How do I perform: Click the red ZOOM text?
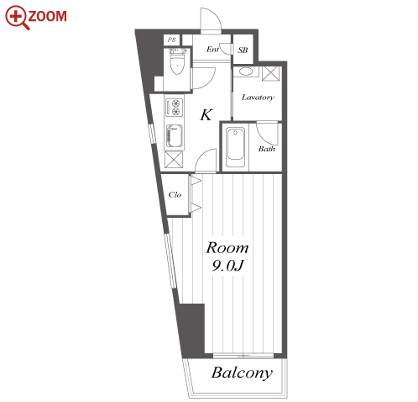tap(47, 16)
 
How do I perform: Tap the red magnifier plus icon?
tap(18, 17)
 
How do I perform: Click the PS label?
tap(171, 40)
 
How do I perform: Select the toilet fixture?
tap(177, 61)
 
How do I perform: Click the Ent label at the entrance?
tap(212, 50)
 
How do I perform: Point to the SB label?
tap(243, 50)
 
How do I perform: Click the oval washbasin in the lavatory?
tap(246, 71)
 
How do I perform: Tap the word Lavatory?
tap(258, 98)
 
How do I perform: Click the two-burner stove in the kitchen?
tap(174, 108)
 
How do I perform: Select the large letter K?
tap(206, 114)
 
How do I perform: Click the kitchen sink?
tap(175, 136)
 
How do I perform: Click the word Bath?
tap(266, 149)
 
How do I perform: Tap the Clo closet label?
tap(175, 194)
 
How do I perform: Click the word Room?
tap(227, 248)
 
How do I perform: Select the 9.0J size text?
tap(227, 266)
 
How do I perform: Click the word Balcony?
tap(242, 373)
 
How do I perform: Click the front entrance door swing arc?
tap(216, 14)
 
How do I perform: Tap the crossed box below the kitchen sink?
tap(174, 159)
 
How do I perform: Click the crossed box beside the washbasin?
tap(271, 74)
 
